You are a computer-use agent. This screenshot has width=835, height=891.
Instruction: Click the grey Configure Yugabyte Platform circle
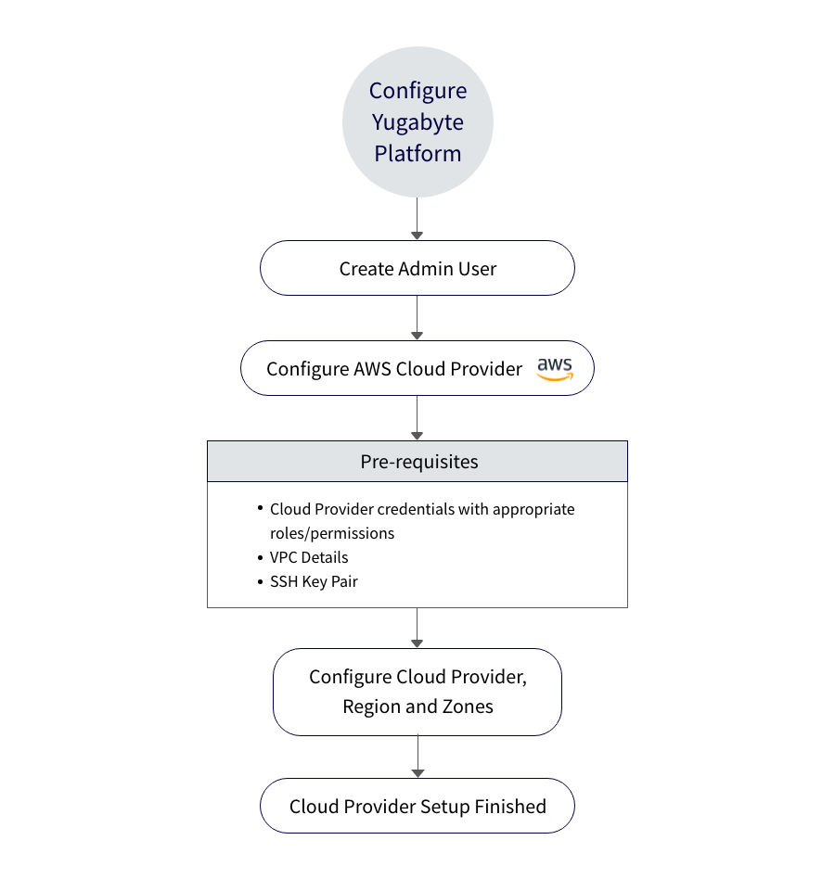click(x=417, y=121)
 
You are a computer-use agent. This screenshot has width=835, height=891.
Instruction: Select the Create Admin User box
click(x=417, y=269)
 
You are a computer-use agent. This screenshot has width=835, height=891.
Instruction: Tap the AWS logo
click(x=555, y=368)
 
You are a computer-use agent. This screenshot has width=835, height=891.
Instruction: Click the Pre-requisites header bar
click(x=417, y=462)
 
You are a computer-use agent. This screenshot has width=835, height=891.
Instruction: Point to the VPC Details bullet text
click(x=309, y=557)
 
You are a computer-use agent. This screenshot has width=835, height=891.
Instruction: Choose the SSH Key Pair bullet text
click(x=314, y=581)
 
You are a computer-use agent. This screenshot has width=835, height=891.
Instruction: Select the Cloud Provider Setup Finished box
click(x=417, y=807)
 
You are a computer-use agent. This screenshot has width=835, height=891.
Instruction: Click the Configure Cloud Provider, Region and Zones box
click(x=417, y=692)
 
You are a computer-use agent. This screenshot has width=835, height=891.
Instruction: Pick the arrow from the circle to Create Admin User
click(x=417, y=219)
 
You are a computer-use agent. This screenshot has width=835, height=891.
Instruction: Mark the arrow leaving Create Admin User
click(x=417, y=318)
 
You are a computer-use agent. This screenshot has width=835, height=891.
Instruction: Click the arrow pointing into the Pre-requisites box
click(x=417, y=418)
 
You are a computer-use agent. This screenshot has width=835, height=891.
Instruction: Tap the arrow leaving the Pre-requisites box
click(x=417, y=628)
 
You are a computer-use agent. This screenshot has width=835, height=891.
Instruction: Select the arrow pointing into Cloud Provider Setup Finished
click(x=417, y=757)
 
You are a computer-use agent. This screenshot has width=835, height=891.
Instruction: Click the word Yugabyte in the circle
click(x=417, y=122)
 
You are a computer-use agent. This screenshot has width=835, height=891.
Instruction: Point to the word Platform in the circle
click(x=417, y=153)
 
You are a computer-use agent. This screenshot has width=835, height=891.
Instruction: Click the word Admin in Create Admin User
click(x=424, y=269)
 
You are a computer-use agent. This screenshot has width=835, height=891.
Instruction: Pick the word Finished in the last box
click(x=510, y=807)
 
